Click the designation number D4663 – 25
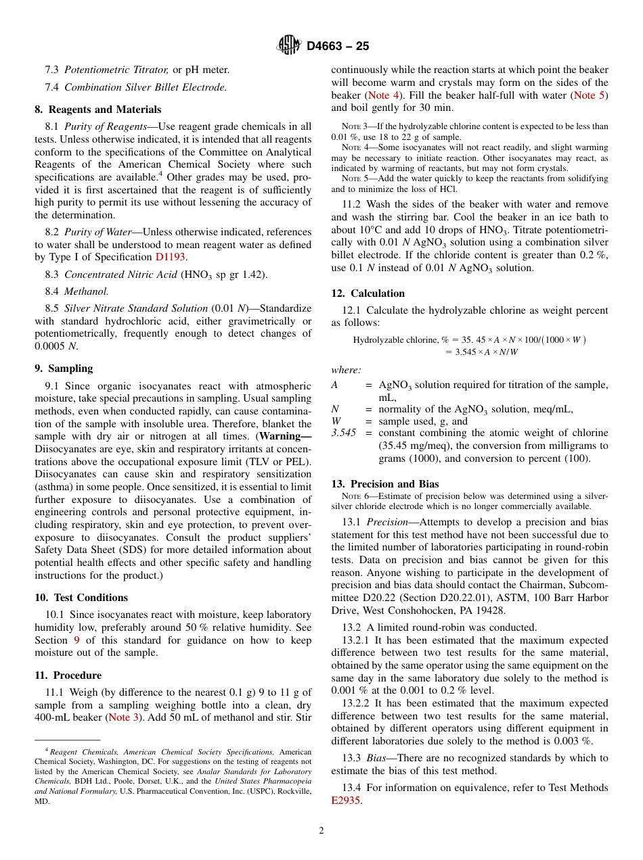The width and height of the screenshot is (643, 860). click(338, 47)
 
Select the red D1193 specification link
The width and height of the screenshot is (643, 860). click(170, 257)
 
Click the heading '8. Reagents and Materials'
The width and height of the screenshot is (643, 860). click(97, 110)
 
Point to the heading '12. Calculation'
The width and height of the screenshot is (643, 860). click(368, 293)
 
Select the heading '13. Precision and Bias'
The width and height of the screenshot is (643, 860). click(384, 484)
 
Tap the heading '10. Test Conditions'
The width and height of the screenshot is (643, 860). click(81, 598)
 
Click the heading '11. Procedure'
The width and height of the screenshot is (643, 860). click(68, 675)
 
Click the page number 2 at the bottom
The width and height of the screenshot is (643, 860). click(321, 831)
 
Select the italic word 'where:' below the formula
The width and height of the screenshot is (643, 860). click(346, 370)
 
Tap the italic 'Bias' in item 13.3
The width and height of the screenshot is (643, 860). click(378, 758)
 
